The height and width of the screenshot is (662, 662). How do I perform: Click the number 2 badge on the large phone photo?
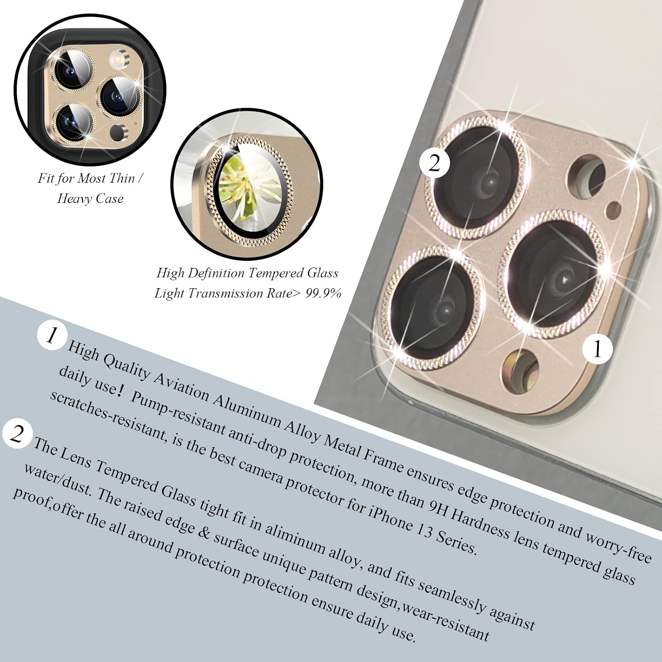[435, 163]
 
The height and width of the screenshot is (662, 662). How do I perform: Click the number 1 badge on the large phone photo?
[597, 349]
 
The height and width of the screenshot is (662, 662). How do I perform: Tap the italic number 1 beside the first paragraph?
[52, 336]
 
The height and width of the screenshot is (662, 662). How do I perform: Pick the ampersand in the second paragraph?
[203, 531]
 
